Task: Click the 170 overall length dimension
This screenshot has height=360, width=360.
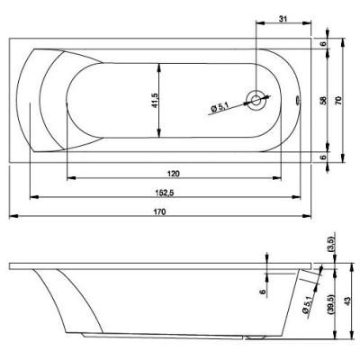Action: (159, 211)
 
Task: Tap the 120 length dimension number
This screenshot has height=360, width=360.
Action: (174, 174)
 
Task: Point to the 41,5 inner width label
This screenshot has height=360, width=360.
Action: (155, 101)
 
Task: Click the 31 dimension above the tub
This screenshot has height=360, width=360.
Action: (283, 19)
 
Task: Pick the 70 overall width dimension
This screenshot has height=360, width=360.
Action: (338, 100)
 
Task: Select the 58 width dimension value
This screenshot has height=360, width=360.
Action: (323, 100)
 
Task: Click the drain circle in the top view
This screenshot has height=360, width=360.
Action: (256, 100)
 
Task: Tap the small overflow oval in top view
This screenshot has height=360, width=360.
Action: (297, 100)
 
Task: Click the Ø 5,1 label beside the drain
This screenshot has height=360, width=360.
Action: (220, 107)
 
